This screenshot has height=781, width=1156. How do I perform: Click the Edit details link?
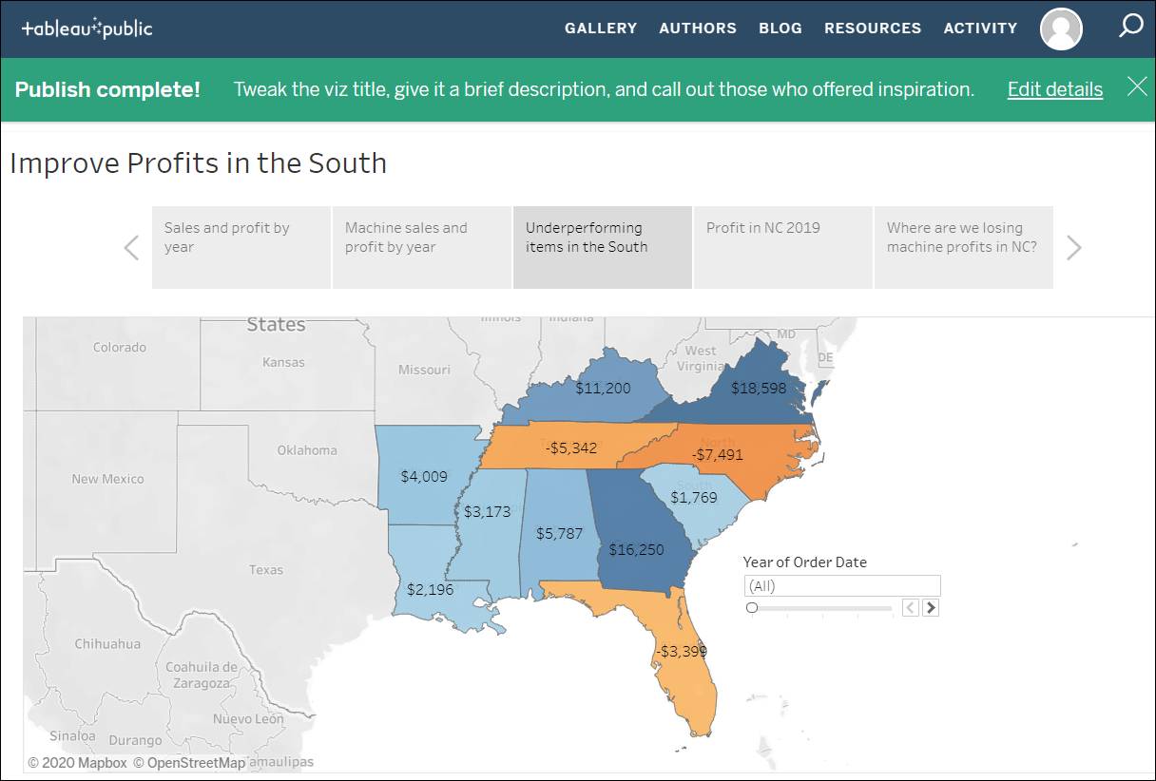click(x=1054, y=89)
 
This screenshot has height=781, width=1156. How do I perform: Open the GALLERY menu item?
click(x=601, y=29)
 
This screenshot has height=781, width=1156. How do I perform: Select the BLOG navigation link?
click(x=780, y=29)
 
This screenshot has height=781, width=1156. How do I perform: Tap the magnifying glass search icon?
click(x=1130, y=26)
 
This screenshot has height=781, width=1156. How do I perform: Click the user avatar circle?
click(x=1061, y=29)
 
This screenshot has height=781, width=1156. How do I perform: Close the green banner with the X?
click(x=1137, y=87)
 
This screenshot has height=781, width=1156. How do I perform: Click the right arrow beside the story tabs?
click(x=1074, y=248)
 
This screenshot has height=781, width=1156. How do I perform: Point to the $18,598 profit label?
click(x=759, y=388)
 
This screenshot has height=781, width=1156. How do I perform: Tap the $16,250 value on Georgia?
click(x=636, y=549)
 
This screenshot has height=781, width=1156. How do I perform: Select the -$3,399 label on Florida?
click(x=681, y=651)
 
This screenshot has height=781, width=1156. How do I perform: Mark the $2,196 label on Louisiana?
click(x=430, y=589)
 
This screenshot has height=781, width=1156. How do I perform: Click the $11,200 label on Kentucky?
click(x=603, y=388)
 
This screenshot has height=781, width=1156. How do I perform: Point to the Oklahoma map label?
click(x=307, y=450)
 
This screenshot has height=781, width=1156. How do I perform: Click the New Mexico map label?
click(x=107, y=479)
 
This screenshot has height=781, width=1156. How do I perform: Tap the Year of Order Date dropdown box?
click(x=841, y=585)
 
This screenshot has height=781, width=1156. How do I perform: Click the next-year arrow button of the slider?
click(x=931, y=608)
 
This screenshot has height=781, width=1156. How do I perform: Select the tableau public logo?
click(x=87, y=29)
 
